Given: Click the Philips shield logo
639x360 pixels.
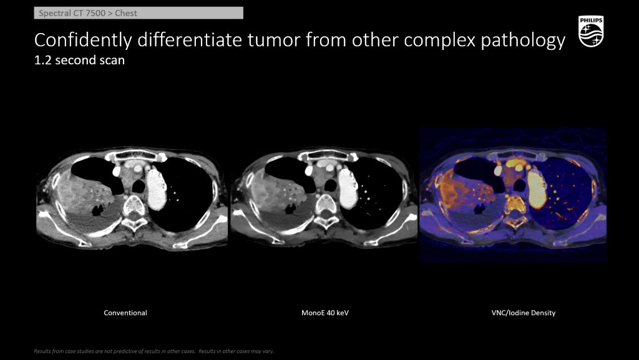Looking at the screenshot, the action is click(x=591, y=31).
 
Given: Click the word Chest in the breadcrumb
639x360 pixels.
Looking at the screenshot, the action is click(x=126, y=13).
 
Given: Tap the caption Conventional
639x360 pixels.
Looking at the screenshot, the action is click(x=125, y=313).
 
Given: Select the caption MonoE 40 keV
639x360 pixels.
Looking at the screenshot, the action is click(x=325, y=313).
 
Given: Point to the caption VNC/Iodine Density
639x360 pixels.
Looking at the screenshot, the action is click(x=524, y=313).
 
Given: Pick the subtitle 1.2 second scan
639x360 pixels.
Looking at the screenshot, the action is click(x=79, y=61).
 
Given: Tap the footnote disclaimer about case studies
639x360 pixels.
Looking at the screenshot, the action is click(x=154, y=351).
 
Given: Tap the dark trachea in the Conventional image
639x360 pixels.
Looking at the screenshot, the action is click(x=139, y=187).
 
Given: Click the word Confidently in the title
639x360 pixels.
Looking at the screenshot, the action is click(x=83, y=41).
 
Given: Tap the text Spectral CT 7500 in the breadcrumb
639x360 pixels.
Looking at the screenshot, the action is click(x=72, y=13).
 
